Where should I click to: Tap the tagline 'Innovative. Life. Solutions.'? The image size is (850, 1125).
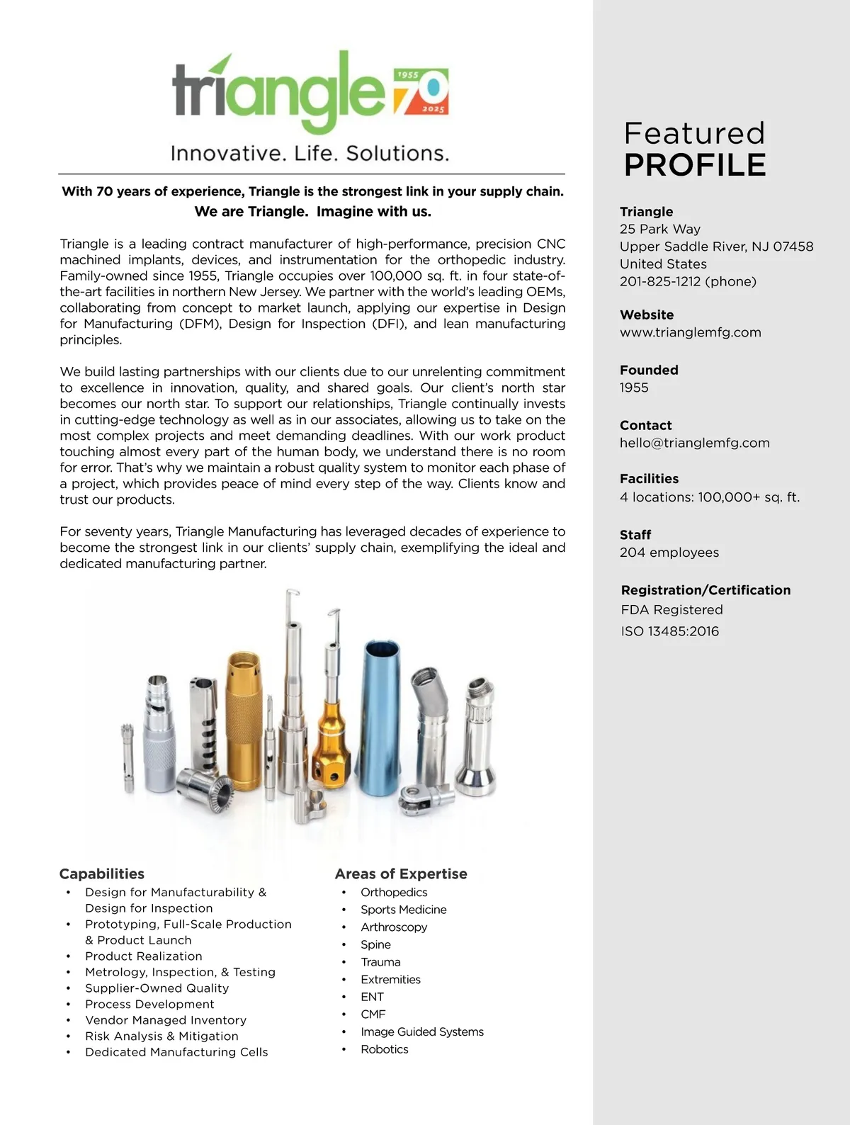coord(310,153)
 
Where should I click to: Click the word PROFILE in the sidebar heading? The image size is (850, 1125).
coord(695,165)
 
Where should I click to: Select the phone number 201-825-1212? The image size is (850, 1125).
coord(688,281)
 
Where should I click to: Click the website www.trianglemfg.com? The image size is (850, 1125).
coord(690,332)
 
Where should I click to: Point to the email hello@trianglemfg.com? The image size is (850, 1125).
coord(694,443)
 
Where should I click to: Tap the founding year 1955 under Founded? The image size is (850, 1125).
coord(634,388)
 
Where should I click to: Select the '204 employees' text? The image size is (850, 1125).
coord(669,553)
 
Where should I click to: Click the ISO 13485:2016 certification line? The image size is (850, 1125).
coord(669,631)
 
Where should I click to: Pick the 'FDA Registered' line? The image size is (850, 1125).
coord(671,610)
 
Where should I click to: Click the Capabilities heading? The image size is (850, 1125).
coord(101,874)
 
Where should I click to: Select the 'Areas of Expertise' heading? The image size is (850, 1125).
coord(401,874)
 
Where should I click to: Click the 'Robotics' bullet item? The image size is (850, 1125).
coord(384,1049)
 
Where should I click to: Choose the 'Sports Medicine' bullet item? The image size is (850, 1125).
coord(403,910)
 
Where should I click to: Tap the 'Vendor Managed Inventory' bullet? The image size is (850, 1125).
coord(166,1020)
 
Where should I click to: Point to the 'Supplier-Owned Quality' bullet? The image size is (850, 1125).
coord(157,988)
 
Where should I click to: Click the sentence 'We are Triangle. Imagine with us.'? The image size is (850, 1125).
coord(312,211)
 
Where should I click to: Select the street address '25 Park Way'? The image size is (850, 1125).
coord(659,229)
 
